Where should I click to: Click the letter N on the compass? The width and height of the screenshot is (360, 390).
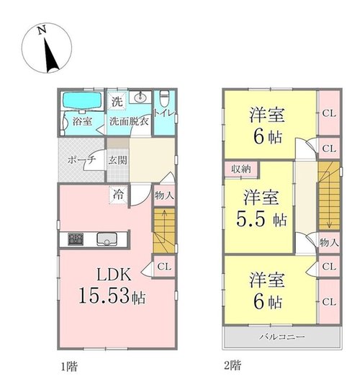point(42,30)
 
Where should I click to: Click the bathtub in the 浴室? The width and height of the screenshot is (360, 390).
point(82,100)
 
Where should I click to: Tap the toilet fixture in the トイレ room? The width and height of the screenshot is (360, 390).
point(163,98)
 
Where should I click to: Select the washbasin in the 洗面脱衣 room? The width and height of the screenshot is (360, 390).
point(140,97)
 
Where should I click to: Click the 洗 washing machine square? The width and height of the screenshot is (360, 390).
point(117,101)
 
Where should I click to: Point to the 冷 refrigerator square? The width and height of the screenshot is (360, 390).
point(119,195)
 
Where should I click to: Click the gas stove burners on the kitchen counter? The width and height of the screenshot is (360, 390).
point(76,239)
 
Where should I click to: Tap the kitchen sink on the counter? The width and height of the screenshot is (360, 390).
point(107,239)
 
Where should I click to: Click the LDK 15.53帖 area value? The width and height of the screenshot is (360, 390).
point(112,296)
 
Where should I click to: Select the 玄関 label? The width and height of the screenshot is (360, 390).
point(117,160)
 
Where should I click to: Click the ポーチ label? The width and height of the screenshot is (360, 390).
point(82,159)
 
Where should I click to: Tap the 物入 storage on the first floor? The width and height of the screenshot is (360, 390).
point(164,195)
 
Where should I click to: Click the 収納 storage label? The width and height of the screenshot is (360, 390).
point(241,169)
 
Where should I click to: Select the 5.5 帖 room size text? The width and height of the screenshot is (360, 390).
point(261,219)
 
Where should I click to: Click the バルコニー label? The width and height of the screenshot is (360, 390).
point(282,337)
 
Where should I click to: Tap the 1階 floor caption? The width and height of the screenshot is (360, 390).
point(69,367)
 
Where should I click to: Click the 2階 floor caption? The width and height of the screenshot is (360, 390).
point(233,365)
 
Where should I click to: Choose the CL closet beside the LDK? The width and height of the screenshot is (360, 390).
point(164,267)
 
